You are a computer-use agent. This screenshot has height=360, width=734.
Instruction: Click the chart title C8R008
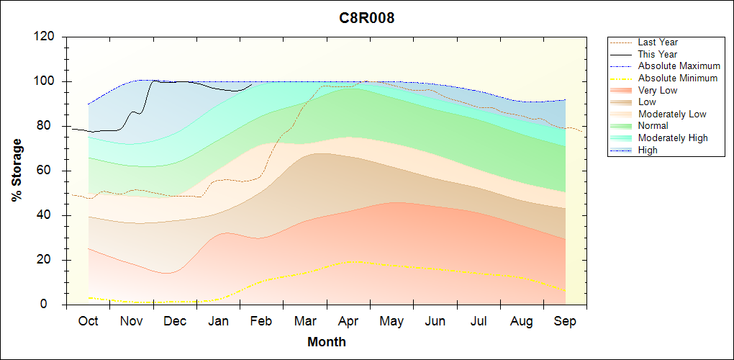tap(367, 18)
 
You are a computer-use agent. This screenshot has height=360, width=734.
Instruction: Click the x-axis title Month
tap(327, 342)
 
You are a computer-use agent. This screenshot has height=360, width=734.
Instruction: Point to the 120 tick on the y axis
tap(45, 37)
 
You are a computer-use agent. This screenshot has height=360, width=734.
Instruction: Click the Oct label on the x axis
tap(88, 321)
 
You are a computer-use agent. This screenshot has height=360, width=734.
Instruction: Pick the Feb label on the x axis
tap(261, 321)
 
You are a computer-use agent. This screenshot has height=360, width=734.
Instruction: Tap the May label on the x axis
tap(391, 321)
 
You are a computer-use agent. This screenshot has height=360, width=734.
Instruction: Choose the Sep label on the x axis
tap(565, 321)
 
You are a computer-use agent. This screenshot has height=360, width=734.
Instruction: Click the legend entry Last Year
tap(658, 42)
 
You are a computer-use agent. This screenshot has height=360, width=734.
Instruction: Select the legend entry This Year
tap(658, 54)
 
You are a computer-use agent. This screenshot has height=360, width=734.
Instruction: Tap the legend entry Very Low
tap(658, 90)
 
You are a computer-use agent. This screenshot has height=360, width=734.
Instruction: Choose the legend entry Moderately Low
tap(672, 114)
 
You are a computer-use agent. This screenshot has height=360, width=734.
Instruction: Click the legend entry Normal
tap(653, 126)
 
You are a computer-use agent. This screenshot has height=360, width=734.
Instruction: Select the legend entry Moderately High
tap(673, 138)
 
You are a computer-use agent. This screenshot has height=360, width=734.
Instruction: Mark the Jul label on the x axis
tap(478, 321)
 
